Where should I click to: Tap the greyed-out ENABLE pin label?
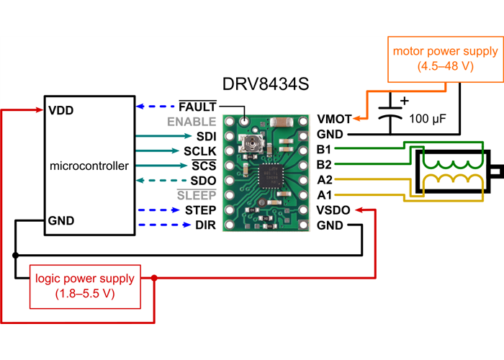192,122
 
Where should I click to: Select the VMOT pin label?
334,120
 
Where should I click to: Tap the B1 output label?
324,150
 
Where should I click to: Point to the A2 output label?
324,180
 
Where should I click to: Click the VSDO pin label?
333,210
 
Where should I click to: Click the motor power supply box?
445,59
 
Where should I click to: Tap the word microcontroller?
89,166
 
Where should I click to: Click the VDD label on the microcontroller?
62,112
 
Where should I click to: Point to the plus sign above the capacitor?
404,101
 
